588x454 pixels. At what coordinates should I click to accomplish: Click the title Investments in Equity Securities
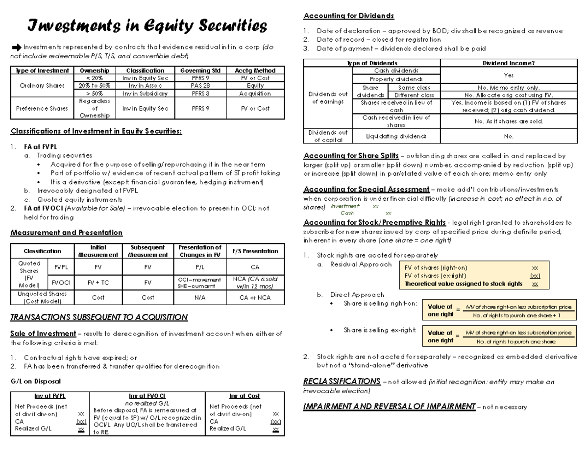pyautogui.click(x=147, y=25)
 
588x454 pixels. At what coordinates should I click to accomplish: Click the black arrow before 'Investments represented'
pyautogui.click(x=16, y=48)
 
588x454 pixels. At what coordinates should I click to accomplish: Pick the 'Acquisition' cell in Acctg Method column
pyautogui.click(x=255, y=93)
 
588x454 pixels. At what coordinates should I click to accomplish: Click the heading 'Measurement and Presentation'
pyautogui.click(x=66, y=233)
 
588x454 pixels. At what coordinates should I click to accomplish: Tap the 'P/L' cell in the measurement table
pyautogui.click(x=200, y=267)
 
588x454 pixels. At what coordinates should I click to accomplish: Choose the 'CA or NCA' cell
pyautogui.click(x=255, y=297)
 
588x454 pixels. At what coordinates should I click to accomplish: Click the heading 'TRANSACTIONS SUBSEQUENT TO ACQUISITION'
pyautogui.click(x=99, y=317)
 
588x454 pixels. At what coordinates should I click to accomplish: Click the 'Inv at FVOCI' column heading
pyautogui.click(x=147, y=396)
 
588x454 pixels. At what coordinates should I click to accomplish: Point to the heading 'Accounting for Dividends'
pyautogui.click(x=348, y=16)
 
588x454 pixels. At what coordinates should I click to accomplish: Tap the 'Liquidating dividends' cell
pyautogui.click(x=396, y=136)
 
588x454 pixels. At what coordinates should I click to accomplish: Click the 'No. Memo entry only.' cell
pyautogui.click(x=509, y=88)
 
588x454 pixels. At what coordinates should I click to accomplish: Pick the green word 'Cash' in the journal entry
pyautogui.click(x=347, y=213)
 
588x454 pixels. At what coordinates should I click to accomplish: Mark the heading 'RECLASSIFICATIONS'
pyautogui.click(x=342, y=381)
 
